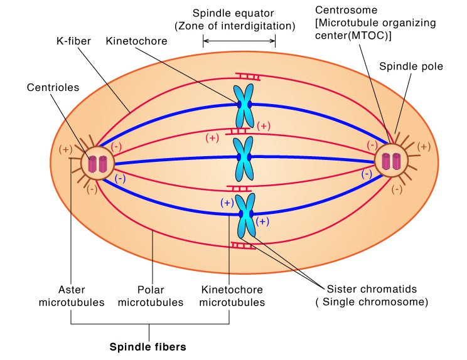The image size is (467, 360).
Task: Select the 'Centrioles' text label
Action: coord(53,87)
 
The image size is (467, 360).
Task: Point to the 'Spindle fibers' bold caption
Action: coord(148,346)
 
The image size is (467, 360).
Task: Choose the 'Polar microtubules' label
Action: coord(151,296)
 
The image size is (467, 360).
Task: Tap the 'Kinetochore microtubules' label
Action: coord(233,296)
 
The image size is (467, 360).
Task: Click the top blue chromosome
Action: coord(243,105)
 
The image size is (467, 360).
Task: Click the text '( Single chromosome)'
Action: coord(372,302)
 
